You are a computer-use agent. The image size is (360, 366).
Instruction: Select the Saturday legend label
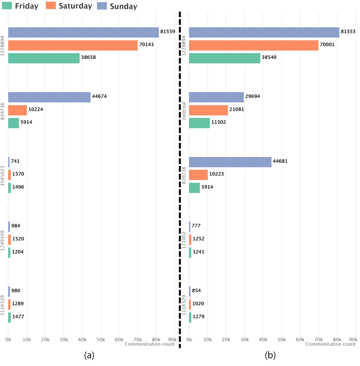[x=75, y=6]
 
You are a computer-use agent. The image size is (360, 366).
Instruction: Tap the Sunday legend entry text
[x=123, y=6]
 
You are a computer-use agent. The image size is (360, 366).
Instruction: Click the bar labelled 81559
[x=83, y=32]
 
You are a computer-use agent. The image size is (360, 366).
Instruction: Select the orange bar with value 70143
[x=73, y=45]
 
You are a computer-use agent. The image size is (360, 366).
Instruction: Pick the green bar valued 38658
[x=44, y=58]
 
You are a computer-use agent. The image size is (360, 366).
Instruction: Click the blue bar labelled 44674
[x=49, y=97]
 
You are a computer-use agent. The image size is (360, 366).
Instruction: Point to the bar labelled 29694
[x=216, y=97]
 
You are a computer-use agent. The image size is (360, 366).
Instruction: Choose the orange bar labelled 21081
[x=208, y=110]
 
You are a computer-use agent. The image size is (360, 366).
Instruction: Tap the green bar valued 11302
[x=199, y=123]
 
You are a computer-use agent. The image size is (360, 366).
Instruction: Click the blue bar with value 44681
[x=230, y=162]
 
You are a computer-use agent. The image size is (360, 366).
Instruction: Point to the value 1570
[x=18, y=174]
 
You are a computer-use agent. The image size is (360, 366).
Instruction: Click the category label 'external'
[x=184, y=110]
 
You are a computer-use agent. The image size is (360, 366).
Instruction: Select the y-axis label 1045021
[x=3, y=175]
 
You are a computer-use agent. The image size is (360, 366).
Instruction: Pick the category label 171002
[x=184, y=240]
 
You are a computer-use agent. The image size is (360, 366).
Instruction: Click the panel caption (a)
[x=89, y=356]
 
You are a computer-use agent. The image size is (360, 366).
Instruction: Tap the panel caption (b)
[x=270, y=356]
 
